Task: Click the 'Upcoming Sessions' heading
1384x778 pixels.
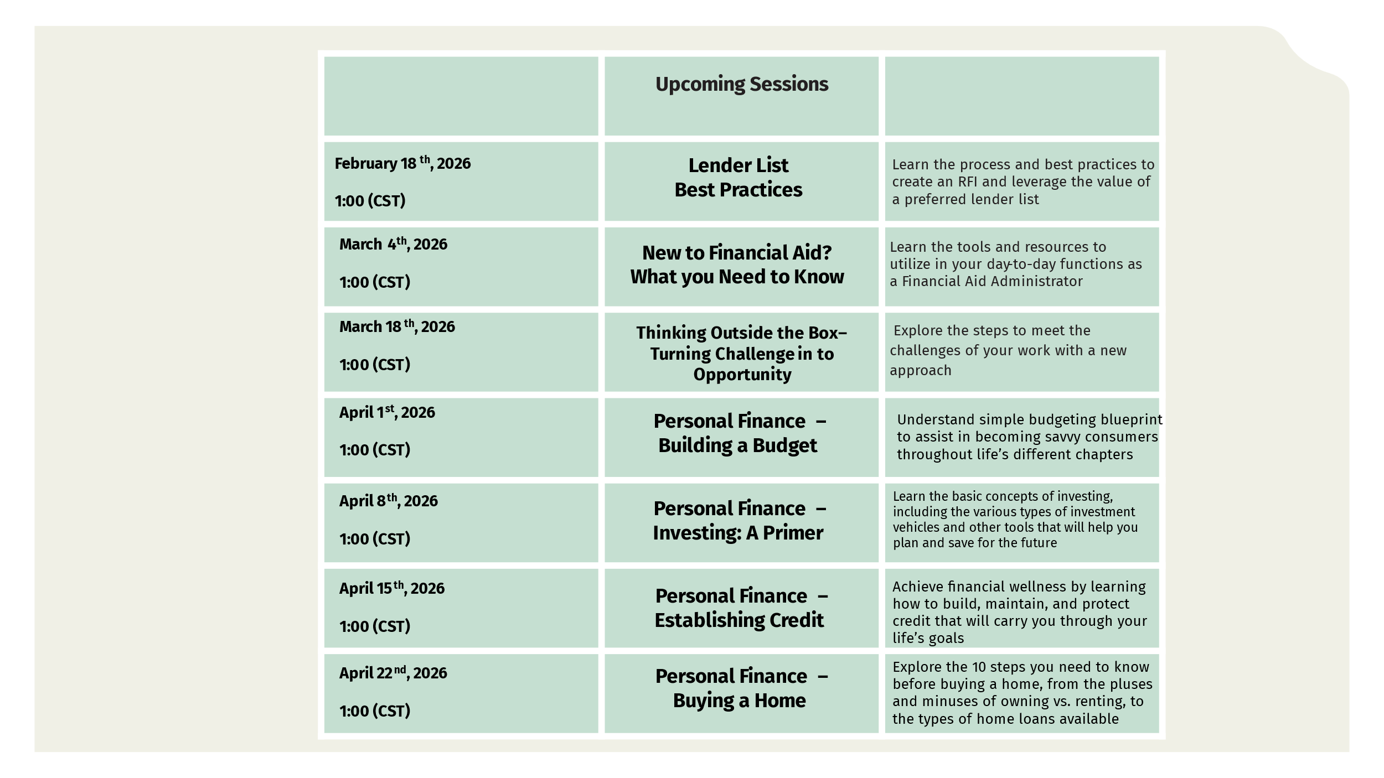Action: coord(741,84)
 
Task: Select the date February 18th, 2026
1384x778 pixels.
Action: coord(402,164)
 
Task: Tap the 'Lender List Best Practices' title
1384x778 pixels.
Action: coord(738,178)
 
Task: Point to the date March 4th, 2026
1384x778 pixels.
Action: coord(393,244)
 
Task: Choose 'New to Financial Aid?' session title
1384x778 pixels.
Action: coord(737,253)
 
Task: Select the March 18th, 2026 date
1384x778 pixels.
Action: coord(397,326)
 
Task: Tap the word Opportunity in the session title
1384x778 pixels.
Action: coord(742,375)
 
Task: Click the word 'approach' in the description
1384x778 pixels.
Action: coord(920,371)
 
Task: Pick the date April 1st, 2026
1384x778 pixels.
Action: coord(387,412)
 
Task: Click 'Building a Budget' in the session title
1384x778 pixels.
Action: coord(737,445)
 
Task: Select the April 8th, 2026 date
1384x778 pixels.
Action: coord(388,501)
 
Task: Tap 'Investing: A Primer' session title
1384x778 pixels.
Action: coord(737,533)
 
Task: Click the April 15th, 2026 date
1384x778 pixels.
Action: coord(391,588)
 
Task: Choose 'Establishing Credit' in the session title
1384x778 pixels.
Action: coord(739,620)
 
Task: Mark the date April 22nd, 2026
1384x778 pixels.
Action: coord(393,673)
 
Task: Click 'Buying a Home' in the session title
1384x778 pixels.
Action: coord(739,701)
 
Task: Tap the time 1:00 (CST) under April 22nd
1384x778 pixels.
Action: coord(375,711)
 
